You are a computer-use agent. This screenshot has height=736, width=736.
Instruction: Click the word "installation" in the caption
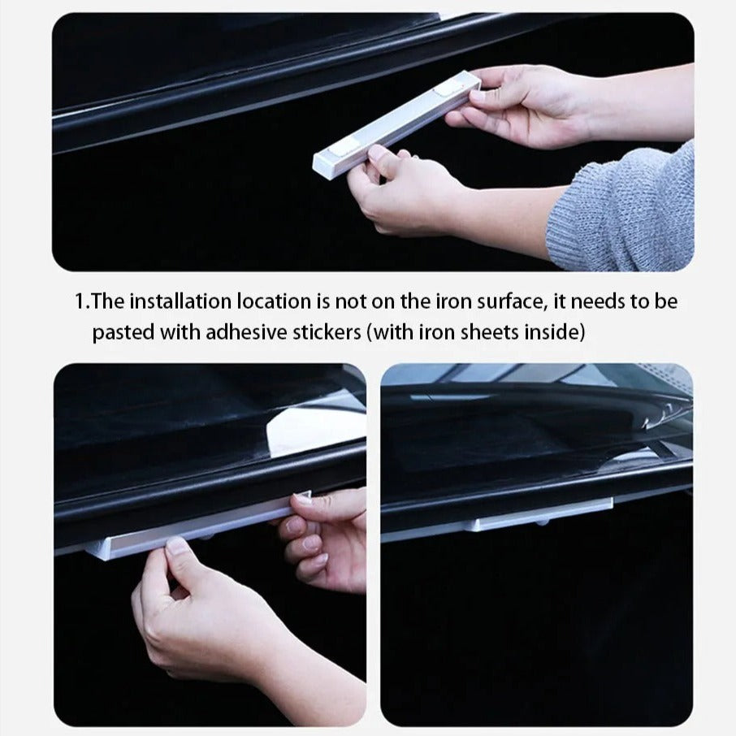pyautogui.click(x=180, y=301)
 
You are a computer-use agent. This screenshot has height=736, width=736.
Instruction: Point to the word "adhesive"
pyautogui.click(x=246, y=332)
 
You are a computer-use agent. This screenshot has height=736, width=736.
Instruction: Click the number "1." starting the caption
pyautogui.click(x=82, y=302)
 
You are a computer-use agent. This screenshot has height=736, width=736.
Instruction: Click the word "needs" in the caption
pyautogui.click(x=598, y=302)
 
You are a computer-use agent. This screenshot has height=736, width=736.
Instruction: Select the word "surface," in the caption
pyautogui.click(x=512, y=302)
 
